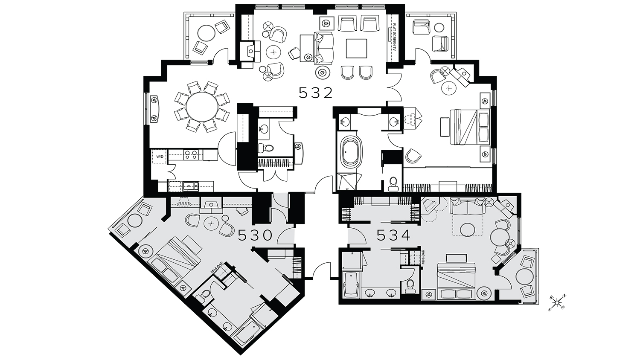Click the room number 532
(315, 93)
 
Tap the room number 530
(255, 235)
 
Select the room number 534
(394, 235)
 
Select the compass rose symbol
(557, 303)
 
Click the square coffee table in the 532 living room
(357, 48)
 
